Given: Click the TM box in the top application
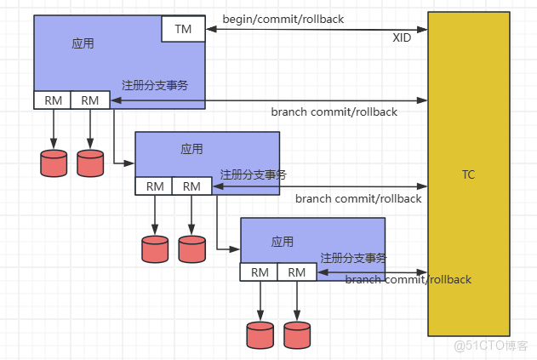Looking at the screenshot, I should point(183,29).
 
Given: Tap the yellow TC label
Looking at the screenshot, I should point(468,175).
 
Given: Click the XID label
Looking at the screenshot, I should point(403,38).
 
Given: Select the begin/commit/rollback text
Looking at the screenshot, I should point(283,19).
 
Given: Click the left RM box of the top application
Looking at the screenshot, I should point(53,100).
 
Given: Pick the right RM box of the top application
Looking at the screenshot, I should point(89,100).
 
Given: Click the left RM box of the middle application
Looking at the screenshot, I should point(154,186).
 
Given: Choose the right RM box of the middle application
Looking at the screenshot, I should point(191,186).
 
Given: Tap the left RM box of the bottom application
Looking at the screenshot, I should point(260,272).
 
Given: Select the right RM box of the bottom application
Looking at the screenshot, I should point(296,272).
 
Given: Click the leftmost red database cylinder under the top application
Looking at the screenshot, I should point(54,163).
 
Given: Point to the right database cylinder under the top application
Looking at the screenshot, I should point(89,163).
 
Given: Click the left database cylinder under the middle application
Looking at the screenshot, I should point(155,248).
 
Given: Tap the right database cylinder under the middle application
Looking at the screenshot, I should point(192,248).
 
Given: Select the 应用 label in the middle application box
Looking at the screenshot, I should point(191,149).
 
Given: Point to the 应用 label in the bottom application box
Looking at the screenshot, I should point(283,242).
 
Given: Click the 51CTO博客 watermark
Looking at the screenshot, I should point(492,346).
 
